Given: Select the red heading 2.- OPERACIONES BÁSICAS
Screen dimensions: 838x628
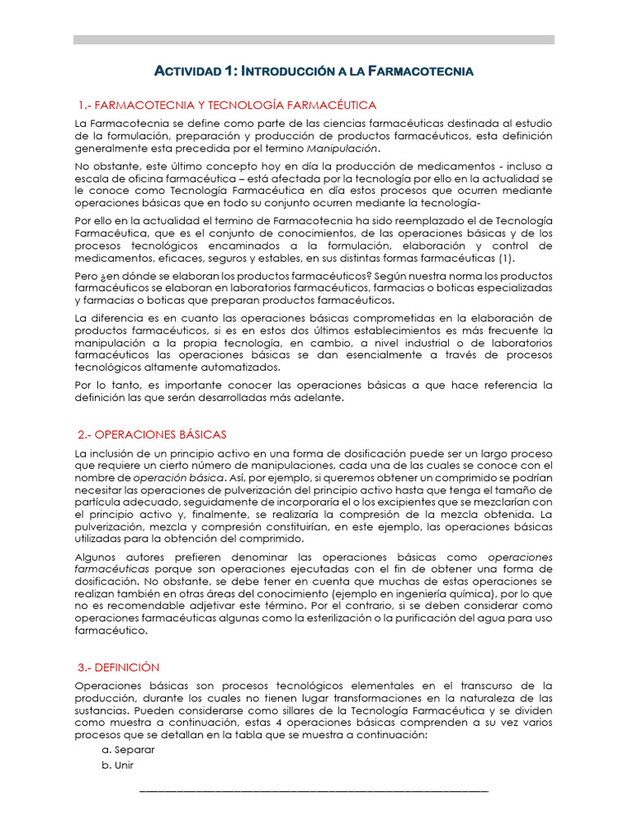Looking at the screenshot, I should (x=152, y=435).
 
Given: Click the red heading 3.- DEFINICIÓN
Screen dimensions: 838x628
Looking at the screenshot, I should (x=119, y=667).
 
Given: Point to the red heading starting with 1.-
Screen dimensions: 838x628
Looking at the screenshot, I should (x=227, y=106).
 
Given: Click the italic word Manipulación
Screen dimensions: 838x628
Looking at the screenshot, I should (x=342, y=149).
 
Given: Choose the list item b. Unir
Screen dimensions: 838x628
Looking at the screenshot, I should (x=119, y=765).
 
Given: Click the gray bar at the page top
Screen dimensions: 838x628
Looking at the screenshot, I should (x=314, y=38).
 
